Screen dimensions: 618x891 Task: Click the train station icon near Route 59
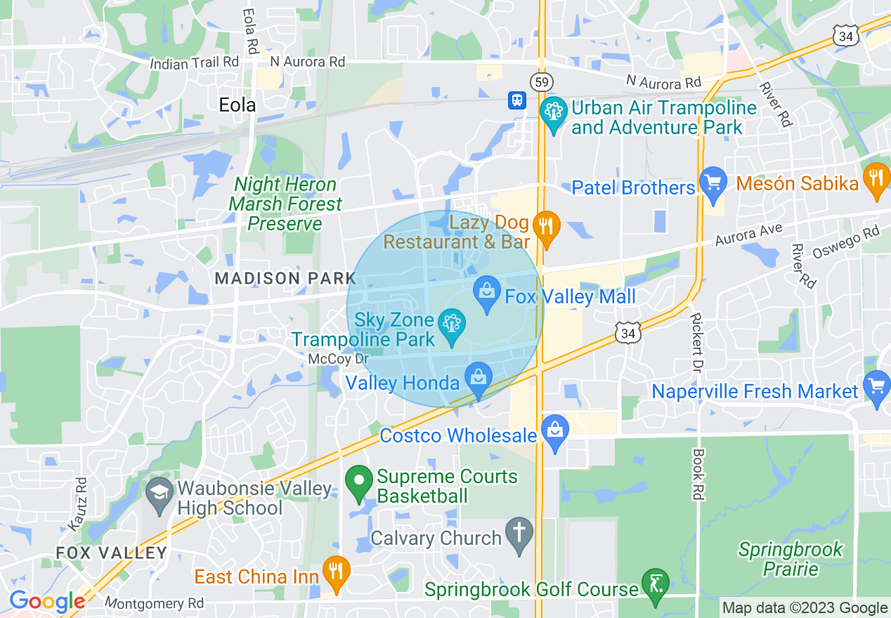click(517, 100)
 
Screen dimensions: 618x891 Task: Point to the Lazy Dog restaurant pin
click(546, 227)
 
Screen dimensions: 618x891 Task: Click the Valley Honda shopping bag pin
click(478, 379)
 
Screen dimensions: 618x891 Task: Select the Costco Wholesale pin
click(554, 431)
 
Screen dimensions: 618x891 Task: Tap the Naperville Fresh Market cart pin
click(876, 387)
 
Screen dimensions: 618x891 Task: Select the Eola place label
click(238, 105)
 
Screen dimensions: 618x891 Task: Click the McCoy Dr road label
click(338, 359)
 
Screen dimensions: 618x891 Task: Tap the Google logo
click(46, 602)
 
